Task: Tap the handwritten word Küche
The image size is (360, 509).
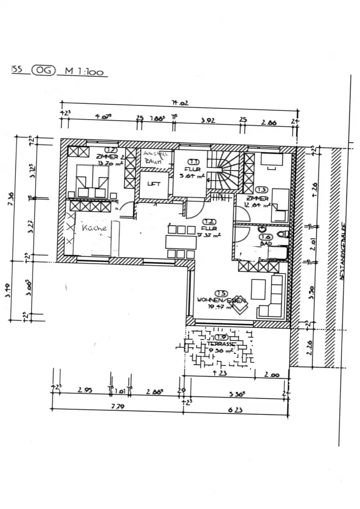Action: point(94,228)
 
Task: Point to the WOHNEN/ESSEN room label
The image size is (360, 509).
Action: point(221,301)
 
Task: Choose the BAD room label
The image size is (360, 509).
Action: point(265,244)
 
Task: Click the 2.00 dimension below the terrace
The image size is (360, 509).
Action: point(272,375)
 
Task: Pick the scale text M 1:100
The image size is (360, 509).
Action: point(84,72)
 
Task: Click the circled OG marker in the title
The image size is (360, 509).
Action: point(43,71)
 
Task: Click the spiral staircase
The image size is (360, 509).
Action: point(224,170)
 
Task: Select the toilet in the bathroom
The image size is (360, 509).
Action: point(283,234)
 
